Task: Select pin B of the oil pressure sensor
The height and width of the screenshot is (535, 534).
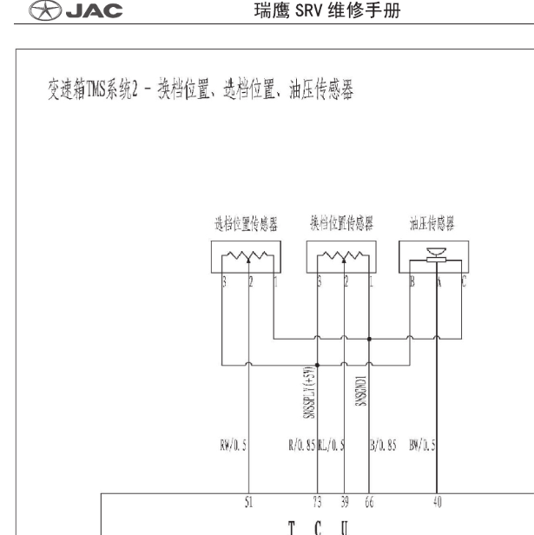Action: pos(412,282)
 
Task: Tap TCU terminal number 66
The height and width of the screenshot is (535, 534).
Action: pos(371,502)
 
